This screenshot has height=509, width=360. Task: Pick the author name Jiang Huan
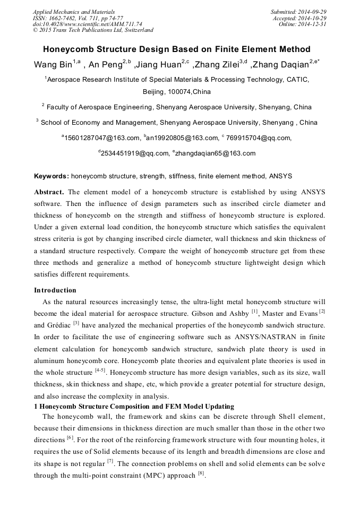tap(159, 65)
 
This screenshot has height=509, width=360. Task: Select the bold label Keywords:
tap(52, 176)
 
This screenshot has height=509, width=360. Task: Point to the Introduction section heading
tap(55, 290)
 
